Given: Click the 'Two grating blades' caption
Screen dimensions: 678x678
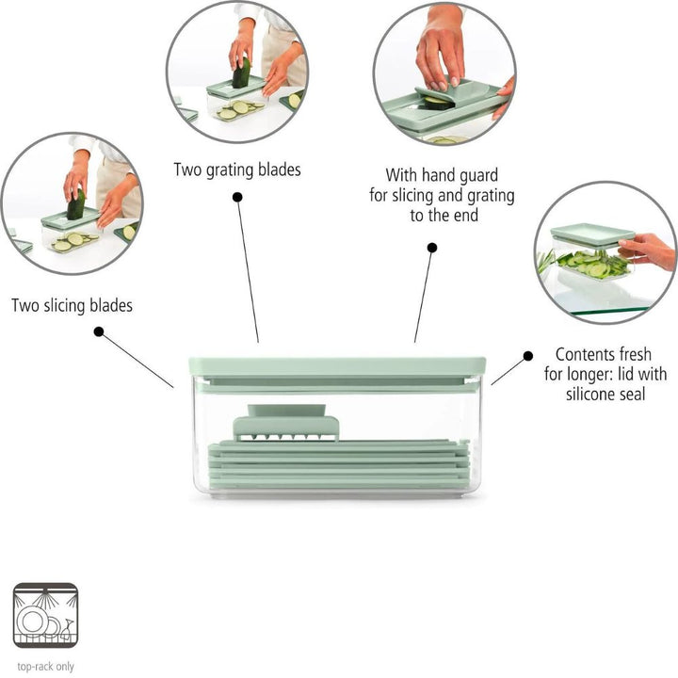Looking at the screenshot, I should click(237, 170).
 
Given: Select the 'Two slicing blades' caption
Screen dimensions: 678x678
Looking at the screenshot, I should click(73, 305).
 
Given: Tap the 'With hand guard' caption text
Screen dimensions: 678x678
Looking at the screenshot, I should click(442, 175).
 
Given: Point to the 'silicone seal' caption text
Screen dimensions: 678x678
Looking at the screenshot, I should click(605, 395).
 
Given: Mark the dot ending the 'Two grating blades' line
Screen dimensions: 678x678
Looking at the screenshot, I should click(236, 197).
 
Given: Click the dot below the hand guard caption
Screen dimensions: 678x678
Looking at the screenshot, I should click(432, 248).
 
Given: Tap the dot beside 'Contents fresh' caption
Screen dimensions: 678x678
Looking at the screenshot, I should click(527, 355).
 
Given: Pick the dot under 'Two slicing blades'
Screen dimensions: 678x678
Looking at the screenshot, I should click(99, 331).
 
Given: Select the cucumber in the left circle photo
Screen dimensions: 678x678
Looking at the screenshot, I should click(76, 204).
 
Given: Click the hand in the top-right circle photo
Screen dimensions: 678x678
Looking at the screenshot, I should click(439, 47).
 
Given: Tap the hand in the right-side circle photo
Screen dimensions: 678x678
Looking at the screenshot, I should click(648, 250).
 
